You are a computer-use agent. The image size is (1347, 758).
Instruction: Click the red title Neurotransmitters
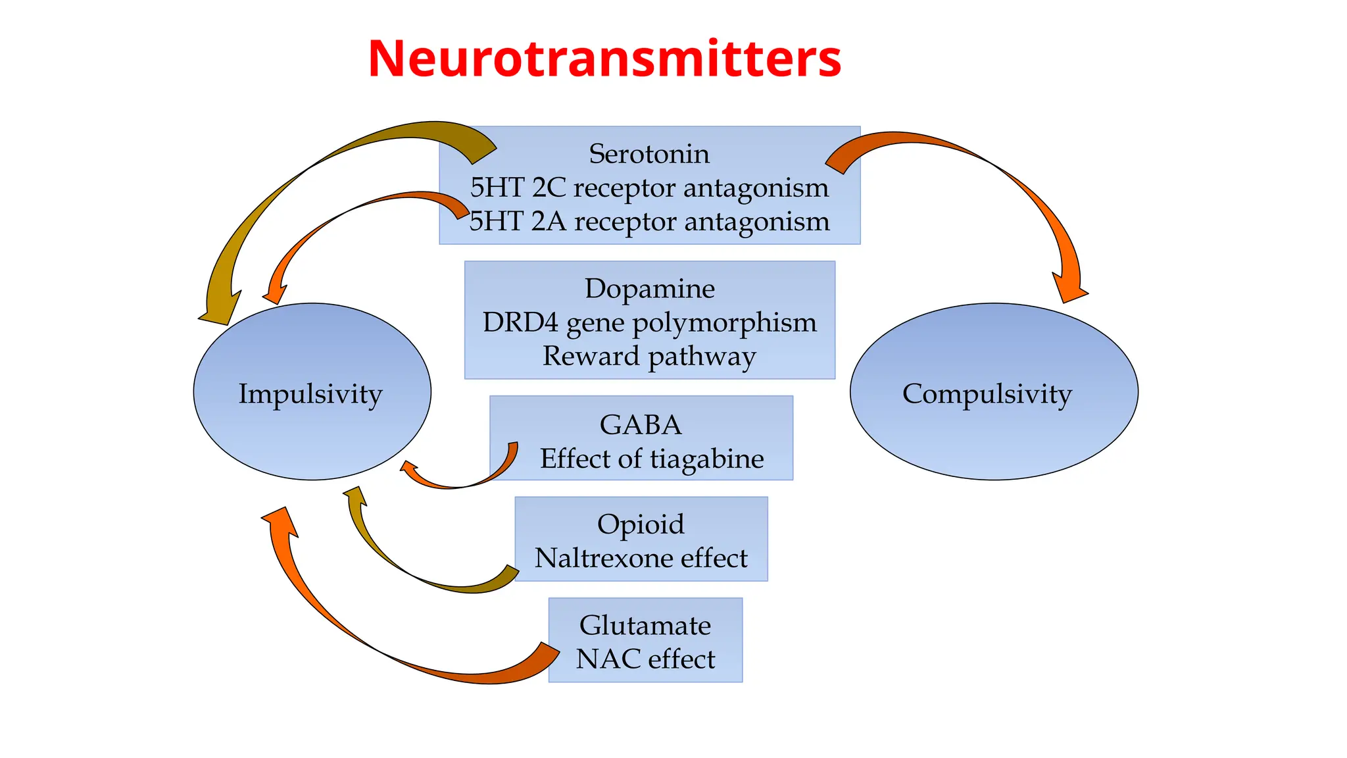[604, 59]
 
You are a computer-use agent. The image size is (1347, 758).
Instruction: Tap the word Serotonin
[649, 154]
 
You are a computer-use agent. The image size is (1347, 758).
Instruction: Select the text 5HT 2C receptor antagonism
[649, 188]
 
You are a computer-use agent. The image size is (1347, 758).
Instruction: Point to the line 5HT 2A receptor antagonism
[649, 222]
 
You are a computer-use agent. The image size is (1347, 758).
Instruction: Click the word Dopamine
[649, 289]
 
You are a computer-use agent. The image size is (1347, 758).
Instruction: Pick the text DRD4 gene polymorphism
[649, 322]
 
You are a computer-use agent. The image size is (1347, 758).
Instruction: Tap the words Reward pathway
[649, 356]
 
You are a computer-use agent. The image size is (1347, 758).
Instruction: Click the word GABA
[641, 424]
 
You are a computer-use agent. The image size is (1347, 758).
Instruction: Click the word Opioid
[641, 524]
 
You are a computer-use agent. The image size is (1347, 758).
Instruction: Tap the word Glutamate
[645, 625]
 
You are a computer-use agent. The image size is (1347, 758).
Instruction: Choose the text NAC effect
[645, 659]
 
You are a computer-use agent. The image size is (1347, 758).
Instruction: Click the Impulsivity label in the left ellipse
[310, 393]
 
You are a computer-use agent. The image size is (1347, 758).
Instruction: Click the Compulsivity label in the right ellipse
[987, 393]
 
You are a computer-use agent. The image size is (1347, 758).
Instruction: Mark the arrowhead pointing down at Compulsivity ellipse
[1069, 286]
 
